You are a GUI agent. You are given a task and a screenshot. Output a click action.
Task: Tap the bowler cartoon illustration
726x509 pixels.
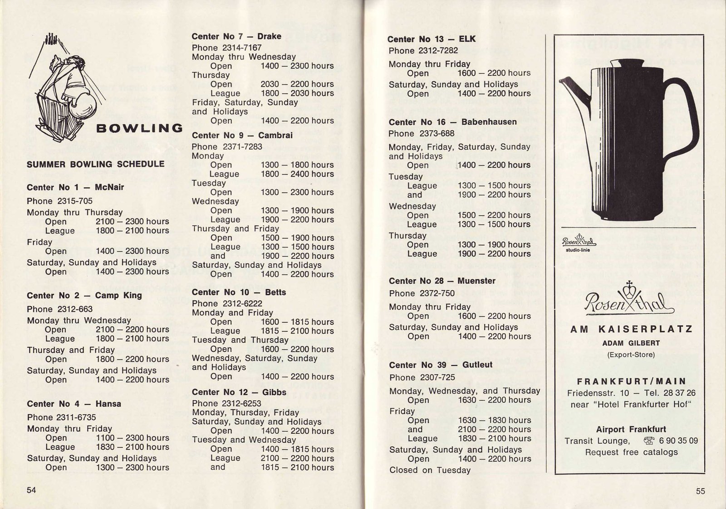pos(68,88)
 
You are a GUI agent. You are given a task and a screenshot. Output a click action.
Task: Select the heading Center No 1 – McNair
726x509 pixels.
pos(75,187)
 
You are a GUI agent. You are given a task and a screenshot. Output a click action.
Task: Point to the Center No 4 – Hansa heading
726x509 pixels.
pos(74,404)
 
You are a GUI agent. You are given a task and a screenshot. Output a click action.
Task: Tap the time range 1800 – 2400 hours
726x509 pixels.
pos(297,174)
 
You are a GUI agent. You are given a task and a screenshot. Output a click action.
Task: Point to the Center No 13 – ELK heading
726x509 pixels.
pos(432,39)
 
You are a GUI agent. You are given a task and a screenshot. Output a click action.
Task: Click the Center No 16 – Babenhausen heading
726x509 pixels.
pos(452,122)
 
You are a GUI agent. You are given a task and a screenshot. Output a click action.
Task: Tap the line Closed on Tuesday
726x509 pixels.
pos(430,470)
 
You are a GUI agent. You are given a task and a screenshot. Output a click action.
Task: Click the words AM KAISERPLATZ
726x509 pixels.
pos(631,329)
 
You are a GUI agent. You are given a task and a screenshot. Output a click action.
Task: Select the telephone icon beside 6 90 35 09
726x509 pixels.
pos(649,441)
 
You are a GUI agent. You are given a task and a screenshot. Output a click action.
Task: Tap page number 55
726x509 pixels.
pos(700,491)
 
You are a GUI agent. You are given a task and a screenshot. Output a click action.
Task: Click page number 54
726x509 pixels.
pos(31,490)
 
